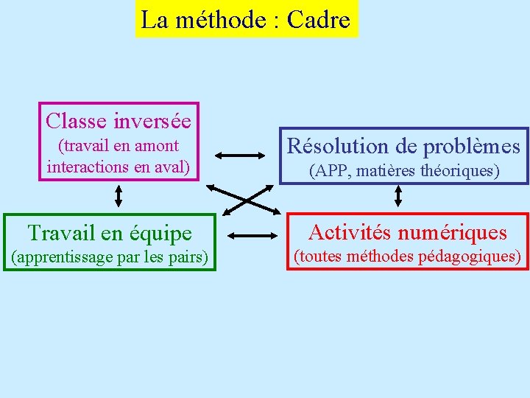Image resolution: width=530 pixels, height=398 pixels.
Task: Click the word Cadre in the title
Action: tap(318, 20)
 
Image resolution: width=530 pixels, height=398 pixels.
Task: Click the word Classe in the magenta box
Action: tap(77, 119)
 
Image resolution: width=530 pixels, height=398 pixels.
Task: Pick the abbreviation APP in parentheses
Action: tap(328, 172)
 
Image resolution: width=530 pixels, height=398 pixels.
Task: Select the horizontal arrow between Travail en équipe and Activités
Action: tap(251, 236)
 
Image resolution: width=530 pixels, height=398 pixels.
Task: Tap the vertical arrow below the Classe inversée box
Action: tap(119, 196)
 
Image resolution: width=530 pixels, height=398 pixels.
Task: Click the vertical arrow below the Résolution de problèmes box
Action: tap(398, 195)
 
